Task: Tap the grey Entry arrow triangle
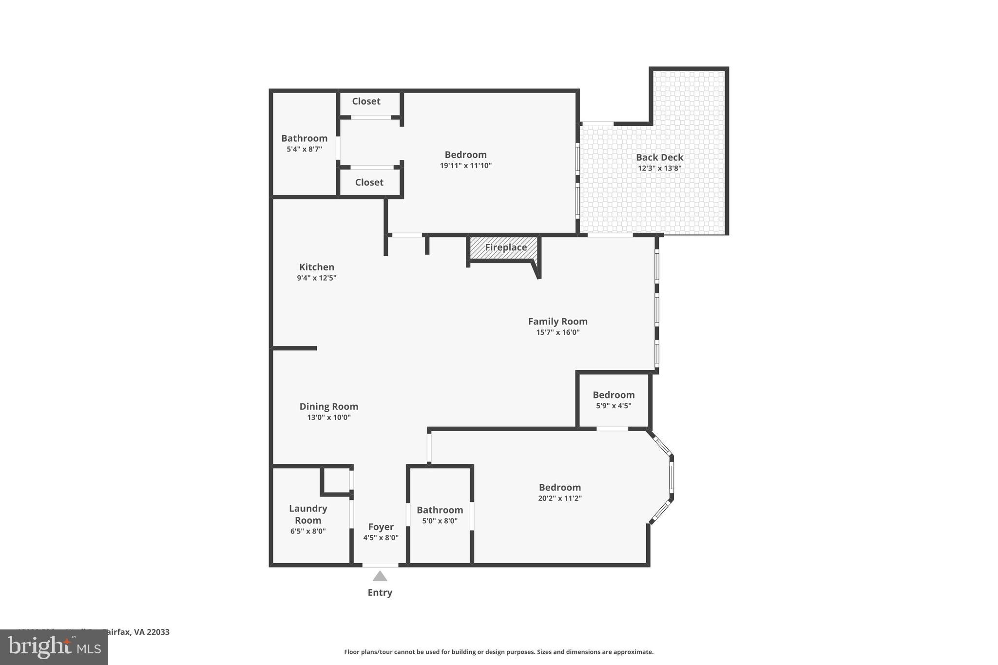[x=380, y=576]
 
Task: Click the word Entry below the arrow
[x=380, y=592]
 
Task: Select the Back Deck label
[x=659, y=157]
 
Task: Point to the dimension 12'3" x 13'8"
[x=659, y=169]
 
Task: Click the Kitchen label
[x=316, y=267]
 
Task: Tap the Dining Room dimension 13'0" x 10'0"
[x=328, y=418]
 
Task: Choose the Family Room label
[x=557, y=322]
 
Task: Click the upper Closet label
[x=366, y=101]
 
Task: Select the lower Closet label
[x=369, y=182]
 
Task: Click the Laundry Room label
[x=308, y=514]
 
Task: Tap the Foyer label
[x=381, y=527]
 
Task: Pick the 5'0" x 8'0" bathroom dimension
[x=440, y=521]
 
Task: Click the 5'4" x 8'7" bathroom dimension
[x=304, y=150]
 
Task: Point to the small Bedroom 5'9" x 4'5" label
[x=614, y=395]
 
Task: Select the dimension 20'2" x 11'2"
[x=559, y=498]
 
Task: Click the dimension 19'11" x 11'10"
[x=465, y=166]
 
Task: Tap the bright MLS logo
[x=54, y=647]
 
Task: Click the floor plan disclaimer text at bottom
[x=499, y=652]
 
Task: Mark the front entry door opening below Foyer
[x=380, y=565]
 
